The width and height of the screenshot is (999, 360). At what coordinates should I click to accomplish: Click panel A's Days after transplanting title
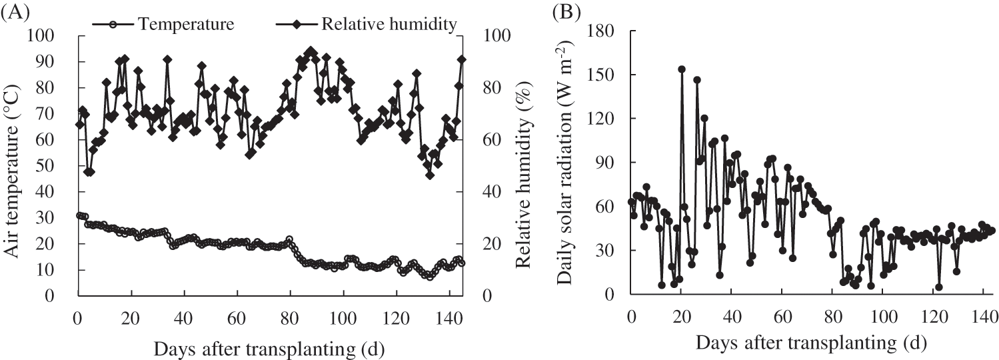pyautogui.click(x=269, y=348)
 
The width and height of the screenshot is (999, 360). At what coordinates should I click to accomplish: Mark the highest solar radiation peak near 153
pyautogui.click(x=682, y=69)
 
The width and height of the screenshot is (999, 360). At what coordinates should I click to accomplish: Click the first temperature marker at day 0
pyautogui.click(x=79, y=215)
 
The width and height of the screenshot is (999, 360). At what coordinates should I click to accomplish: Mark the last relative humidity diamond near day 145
pyautogui.click(x=461, y=59)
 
